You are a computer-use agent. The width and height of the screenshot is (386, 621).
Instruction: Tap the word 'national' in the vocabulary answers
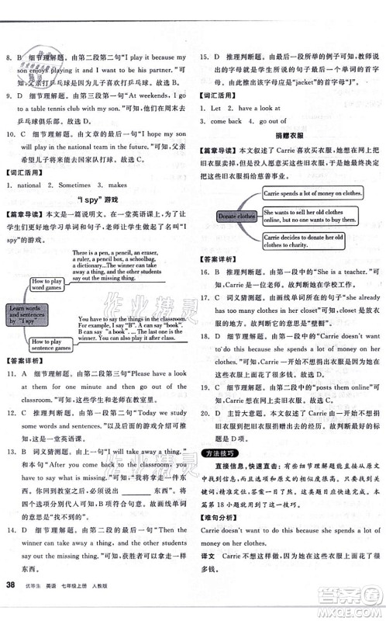pyautogui.click(x=29, y=185)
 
